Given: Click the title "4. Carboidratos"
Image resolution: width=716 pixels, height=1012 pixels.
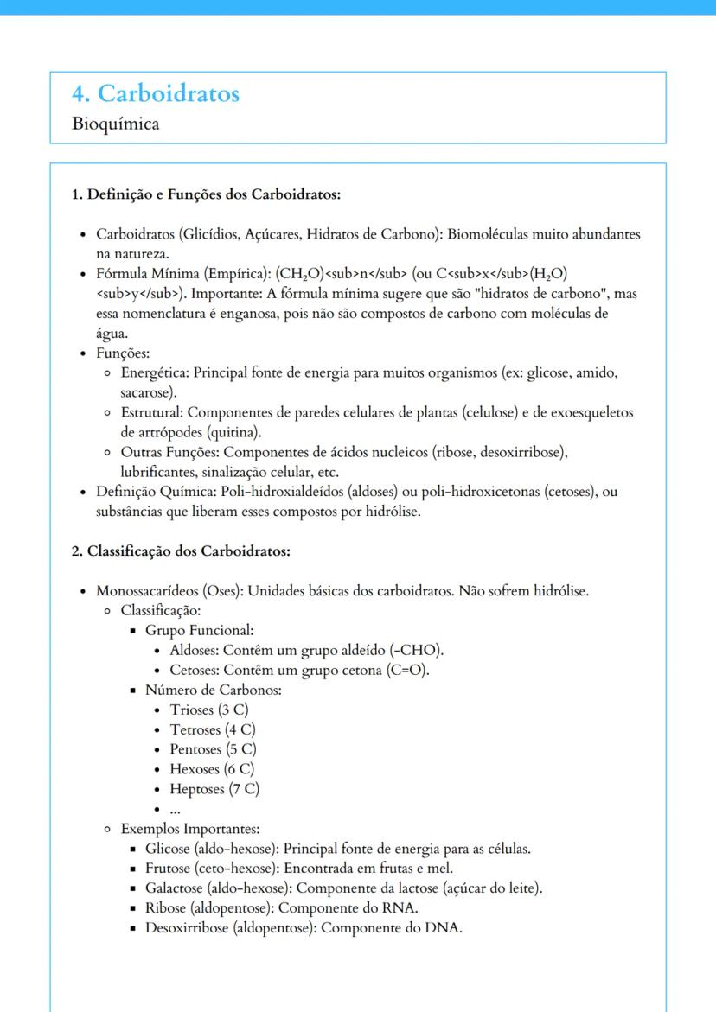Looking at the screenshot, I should click(x=156, y=93).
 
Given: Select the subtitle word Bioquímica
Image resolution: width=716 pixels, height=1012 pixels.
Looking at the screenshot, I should click(x=116, y=124).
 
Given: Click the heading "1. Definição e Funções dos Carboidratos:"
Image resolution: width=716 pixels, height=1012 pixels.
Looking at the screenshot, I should click(x=206, y=194).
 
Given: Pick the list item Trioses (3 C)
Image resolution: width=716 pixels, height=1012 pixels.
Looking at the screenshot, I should click(x=208, y=710).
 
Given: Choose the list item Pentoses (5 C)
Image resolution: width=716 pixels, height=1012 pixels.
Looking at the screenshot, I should click(x=213, y=748).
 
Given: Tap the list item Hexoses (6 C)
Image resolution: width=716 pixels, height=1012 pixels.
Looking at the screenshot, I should click(x=212, y=768).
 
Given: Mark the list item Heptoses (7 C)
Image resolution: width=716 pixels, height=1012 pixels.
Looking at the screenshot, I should click(x=214, y=788).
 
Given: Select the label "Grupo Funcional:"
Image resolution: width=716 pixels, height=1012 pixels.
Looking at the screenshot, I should click(x=199, y=631).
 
